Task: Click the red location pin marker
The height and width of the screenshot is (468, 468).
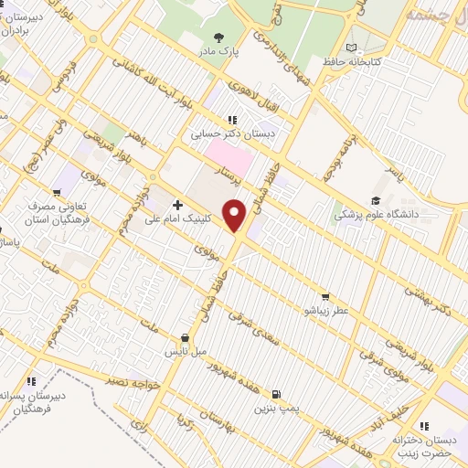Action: [236, 217]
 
